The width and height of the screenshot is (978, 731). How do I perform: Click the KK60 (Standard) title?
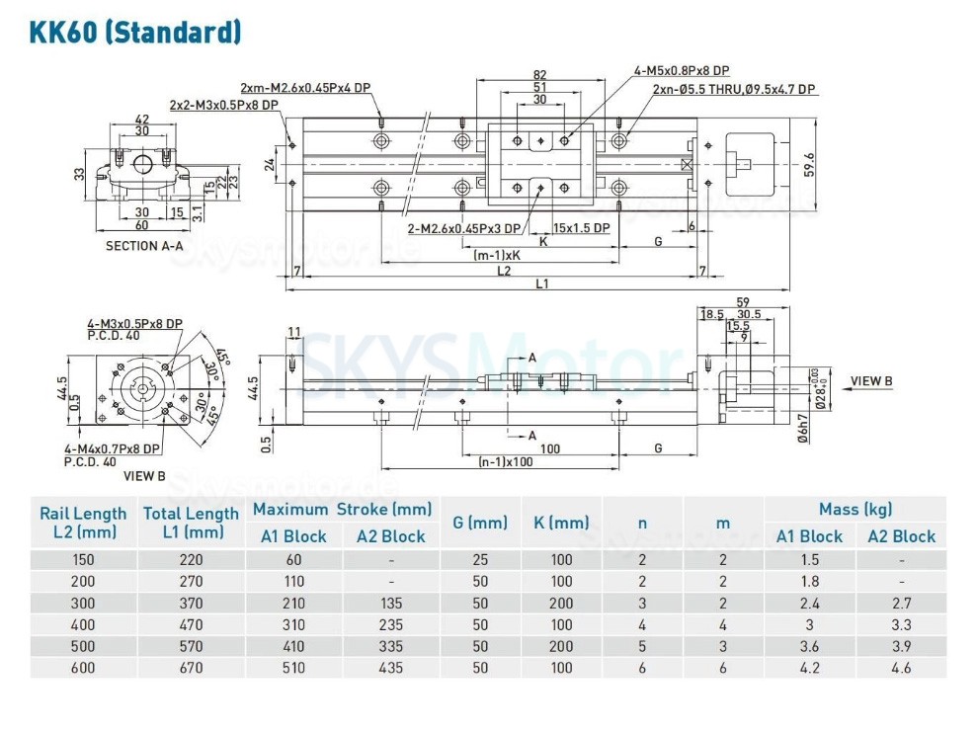click(135, 33)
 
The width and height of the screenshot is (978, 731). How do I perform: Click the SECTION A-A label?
click(144, 246)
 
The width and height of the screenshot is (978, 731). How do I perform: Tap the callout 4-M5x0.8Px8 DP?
click(681, 70)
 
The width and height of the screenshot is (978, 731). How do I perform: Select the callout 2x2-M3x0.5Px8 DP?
click(223, 105)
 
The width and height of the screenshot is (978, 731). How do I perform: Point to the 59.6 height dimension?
click(809, 164)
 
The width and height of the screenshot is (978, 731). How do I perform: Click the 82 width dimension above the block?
click(539, 75)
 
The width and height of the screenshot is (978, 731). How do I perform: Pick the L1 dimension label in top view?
click(541, 284)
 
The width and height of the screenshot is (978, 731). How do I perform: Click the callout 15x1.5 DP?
click(582, 228)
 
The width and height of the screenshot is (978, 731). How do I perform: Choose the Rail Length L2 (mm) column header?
click(83, 523)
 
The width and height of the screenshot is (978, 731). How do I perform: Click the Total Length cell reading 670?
click(191, 668)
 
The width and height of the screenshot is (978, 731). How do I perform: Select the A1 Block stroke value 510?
click(292, 668)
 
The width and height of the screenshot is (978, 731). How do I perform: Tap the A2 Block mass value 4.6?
click(901, 668)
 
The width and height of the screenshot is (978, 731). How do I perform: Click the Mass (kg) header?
click(855, 510)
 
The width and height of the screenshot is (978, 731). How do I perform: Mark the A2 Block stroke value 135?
click(390, 603)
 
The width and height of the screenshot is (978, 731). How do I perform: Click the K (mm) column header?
click(560, 523)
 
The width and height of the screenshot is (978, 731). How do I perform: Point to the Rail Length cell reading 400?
click(83, 624)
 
